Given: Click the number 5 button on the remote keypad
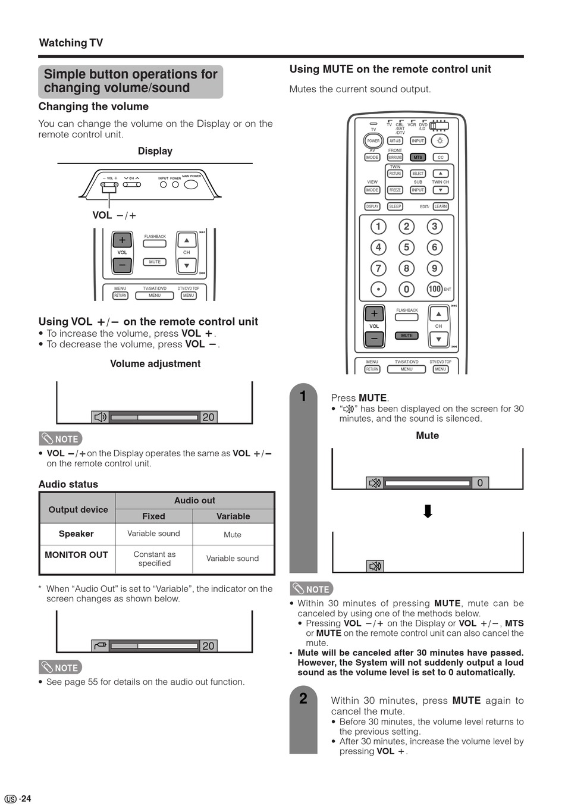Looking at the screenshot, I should pyautogui.click(x=407, y=247).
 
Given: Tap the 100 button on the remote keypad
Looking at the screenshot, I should pyautogui.click(x=435, y=289).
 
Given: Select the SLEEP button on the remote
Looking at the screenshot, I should pyautogui.click(x=395, y=206).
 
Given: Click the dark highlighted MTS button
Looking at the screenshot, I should pyautogui.click(x=418, y=158).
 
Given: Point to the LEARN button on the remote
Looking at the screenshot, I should pyautogui.click(x=441, y=206).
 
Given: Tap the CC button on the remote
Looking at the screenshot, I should pyautogui.click(x=441, y=158).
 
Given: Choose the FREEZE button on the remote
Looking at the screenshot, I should pyautogui.click(x=395, y=190).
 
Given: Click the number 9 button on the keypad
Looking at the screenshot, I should pyautogui.click(x=435, y=268).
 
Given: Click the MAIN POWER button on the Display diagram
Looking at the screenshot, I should pyautogui.click(x=191, y=184).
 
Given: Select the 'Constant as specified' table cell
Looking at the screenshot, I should pyautogui.click(x=155, y=559).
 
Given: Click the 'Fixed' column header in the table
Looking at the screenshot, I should pyautogui.click(x=153, y=516).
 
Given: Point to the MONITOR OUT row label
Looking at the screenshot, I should pyautogui.click(x=76, y=555).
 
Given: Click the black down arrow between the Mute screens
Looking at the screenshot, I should pyautogui.click(x=428, y=512).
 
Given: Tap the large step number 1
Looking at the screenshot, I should pyautogui.click(x=303, y=396).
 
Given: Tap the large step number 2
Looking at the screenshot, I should pyautogui.click(x=303, y=698).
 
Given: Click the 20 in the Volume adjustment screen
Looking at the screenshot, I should pyautogui.click(x=208, y=418).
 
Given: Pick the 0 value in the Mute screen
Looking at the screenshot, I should pyautogui.click(x=480, y=483).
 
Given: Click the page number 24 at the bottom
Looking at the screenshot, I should pyautogui.click(x=25, y=799).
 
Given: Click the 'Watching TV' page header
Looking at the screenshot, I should pyautogui.click(x=71, y=43).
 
